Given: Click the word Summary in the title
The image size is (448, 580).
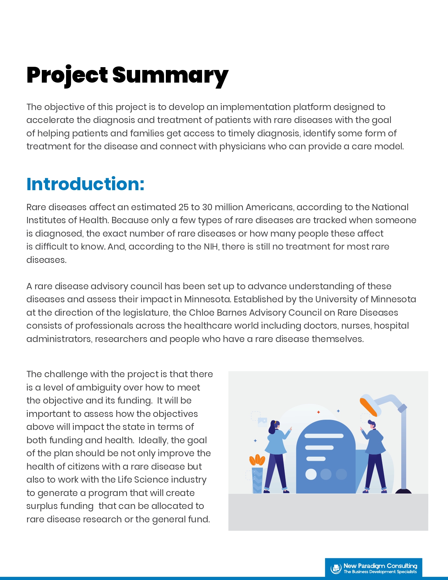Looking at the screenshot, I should coord(170,76).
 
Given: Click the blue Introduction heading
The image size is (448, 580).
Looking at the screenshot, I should coord(85,184).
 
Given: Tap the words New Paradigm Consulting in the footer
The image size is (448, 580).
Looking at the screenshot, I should coord(380,566).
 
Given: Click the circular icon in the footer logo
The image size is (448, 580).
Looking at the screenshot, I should coord(336,568).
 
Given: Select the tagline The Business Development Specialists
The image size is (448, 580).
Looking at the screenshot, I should coord(380,572).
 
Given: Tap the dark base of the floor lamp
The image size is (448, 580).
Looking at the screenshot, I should coord(404,491).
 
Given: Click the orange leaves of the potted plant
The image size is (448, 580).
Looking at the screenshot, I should coord(257,459).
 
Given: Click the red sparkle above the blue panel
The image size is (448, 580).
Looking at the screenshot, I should coord(319,412).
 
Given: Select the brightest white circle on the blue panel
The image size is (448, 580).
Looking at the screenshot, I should coord(311,474).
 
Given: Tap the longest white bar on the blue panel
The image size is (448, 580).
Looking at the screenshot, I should coord(324,436).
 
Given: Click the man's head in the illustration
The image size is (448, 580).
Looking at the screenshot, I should coord(372,424).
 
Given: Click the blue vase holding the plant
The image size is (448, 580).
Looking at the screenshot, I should coord(257,480).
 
